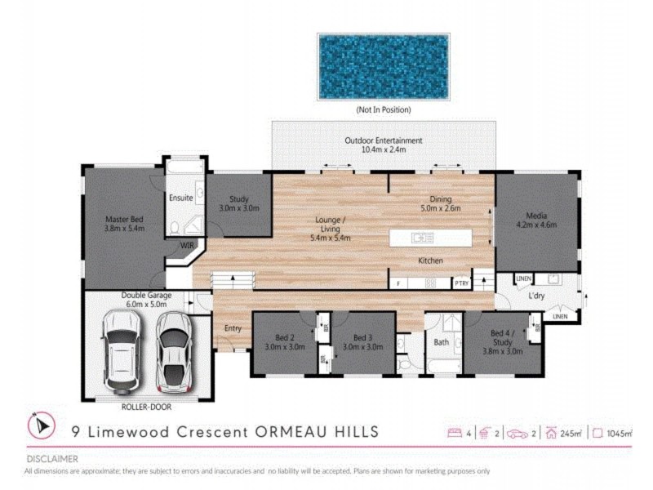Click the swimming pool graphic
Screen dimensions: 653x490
click(x=384, y=67)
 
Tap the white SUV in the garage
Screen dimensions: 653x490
click(x=122, y=352)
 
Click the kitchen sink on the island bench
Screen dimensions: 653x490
click(x=422, y=238)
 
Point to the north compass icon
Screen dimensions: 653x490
click(x=42, y=425)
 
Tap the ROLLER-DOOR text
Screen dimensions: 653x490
click(x=146, y=407)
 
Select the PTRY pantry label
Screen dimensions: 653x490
click(x=461, y=283)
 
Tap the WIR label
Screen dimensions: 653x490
click(x=187, y=246)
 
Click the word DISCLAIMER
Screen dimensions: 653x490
click(x=52, y=459)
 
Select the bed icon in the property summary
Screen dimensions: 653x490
click(x=455, y=433)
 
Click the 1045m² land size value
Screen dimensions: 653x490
click(x=620, y=434)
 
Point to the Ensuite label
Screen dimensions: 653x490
click(x=180, y=198)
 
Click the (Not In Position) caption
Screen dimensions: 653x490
click(x=384, y=109)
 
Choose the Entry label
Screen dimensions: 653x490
click(x=233, y=328)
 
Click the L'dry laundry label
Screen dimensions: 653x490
click(x=536, y=296)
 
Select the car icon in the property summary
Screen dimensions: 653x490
click(x=518, y=434)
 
